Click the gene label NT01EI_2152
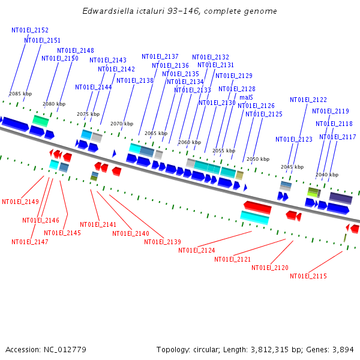[x=30, y=30]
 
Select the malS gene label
[x=246, y=97]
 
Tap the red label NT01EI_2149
[x=20, y=202]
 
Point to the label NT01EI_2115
[x=308, y=276]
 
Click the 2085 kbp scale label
[x=20, y=94]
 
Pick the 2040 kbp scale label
[x=327, y=175]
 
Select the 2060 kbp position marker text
[x=190, y=142]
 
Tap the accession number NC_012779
[x=65, y=349]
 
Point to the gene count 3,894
[x=343, y=349]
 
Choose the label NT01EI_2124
[x=197, y=250]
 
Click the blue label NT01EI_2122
[x=308, y=100]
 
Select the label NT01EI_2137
[x=160, y=57]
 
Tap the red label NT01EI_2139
[x=163, y=242]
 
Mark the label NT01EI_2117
[x=338, y=137]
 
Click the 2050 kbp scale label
[x=258, y=159]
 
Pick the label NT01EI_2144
[x=94, y=87]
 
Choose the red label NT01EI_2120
[x=270, y=268]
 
